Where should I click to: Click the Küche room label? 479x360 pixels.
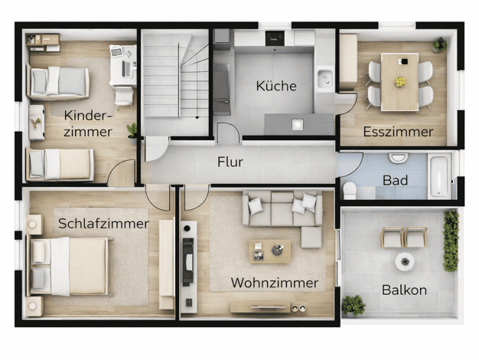tap(276, 86)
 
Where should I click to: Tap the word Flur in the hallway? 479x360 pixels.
tap(230, 162)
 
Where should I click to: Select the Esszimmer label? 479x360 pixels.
tap(398, 132)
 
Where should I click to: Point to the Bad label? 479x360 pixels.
tap(395, 180)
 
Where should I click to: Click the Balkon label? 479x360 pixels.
tap(404, 290)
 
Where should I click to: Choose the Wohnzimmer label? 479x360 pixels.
tap(275, 283)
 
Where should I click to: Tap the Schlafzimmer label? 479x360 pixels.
tap(103, 224)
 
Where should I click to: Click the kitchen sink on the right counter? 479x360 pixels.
tap(324, 78)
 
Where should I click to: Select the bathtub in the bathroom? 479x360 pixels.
tap(439, 175)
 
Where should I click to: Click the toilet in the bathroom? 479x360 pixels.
tap(350, 191)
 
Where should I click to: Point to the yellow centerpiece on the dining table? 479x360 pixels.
tap(400, 82)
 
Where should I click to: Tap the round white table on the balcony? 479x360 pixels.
tap(405, 262)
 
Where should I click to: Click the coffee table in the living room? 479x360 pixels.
tap(269, 252)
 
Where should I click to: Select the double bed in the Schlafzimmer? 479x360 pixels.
tap(68, 267)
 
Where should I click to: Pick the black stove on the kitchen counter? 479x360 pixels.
tap(275, 38)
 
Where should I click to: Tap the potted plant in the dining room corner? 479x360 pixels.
tap(439, 45)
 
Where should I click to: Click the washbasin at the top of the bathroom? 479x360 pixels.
tap(399, 158)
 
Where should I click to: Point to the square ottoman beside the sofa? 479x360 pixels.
tap(311, 237)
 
